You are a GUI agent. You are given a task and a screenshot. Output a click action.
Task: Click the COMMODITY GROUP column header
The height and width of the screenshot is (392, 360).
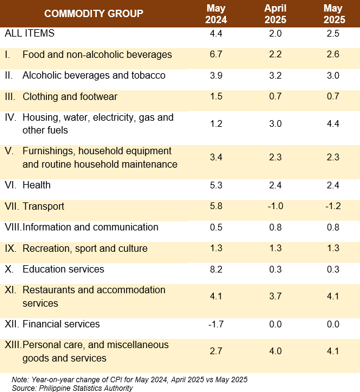(94, 13)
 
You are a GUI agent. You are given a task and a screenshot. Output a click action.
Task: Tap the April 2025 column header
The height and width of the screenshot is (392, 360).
(275, 14)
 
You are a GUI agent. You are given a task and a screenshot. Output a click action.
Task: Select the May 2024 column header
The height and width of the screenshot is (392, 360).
(216, 14)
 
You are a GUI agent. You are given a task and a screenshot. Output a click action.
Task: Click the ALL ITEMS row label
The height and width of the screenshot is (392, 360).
(29, 34)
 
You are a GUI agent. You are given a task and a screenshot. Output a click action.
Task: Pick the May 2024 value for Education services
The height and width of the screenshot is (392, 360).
(216, 269)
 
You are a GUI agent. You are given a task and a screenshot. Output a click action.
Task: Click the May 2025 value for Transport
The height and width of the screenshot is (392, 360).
(333, 206)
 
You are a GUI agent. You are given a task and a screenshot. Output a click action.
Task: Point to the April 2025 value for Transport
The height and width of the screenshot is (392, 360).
(275, 206)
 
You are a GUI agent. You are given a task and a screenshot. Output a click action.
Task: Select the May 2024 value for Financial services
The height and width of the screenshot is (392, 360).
(216, 324)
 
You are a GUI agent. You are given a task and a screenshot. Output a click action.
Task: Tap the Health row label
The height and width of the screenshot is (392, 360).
(37, 185)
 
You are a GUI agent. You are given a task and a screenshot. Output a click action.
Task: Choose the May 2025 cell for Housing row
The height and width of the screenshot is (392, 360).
(333, 124)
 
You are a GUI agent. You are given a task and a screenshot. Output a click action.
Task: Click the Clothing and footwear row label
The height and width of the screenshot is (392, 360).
(70, 96)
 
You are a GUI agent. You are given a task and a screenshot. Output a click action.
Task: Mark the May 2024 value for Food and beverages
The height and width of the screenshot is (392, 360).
(216, 54)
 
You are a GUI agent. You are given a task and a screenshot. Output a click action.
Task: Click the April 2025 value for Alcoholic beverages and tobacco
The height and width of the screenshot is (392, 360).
(275, 75)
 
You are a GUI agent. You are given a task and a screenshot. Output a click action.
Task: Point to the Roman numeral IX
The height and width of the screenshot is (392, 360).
(10, 248)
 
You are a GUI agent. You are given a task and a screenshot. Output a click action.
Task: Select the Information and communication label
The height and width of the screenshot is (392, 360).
(90, 227)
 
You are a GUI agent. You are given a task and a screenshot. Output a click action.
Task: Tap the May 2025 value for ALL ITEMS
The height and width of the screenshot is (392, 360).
(333, 34)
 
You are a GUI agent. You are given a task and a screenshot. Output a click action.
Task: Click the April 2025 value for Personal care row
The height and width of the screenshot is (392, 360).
(275, 351)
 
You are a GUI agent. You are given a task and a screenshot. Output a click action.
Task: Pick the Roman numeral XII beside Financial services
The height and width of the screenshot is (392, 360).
(12, 324)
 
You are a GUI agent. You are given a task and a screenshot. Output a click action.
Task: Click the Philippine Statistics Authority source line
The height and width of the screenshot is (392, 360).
(72, 388)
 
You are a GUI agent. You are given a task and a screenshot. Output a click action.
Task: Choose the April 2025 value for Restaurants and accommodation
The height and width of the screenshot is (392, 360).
(275, 296)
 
